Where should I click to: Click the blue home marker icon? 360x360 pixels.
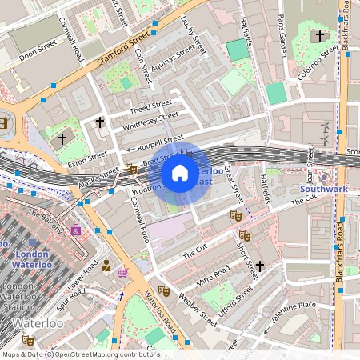pyautogui.click(x=180, y=172)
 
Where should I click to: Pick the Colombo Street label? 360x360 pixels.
pyautogui.click(x=319, y=63)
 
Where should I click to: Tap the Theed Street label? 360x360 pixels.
pyautogui.click(x=150, y=106)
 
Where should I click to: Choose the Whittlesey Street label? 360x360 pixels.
pyautogui.click(x=151, y=121)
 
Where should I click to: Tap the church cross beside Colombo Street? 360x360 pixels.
pyautogui.click(x=321, y=36)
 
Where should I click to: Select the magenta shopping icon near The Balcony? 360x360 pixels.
pyautogui.click(x=76, y=230)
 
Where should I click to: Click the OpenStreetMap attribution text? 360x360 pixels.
pyautogui.click(x=80, y=354)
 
